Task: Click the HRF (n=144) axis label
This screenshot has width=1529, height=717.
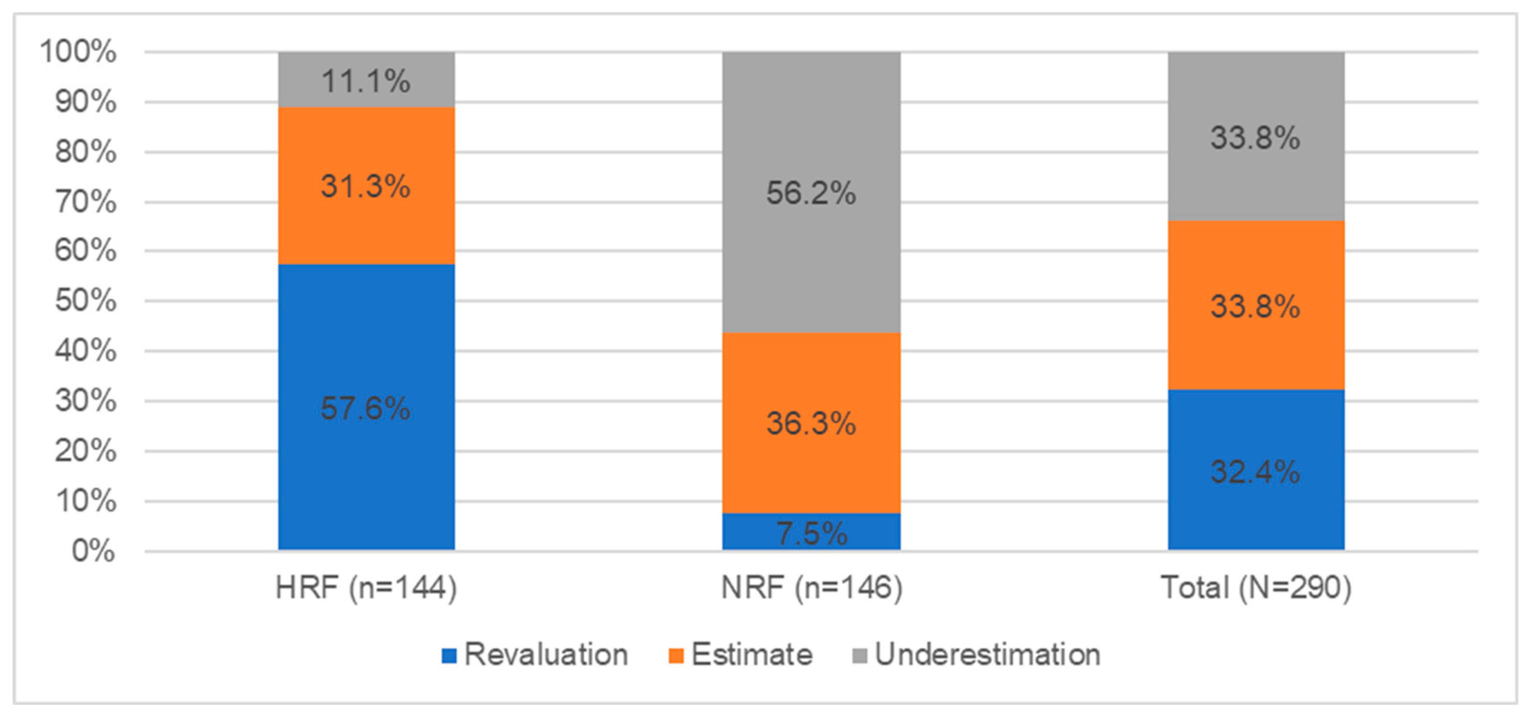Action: pyautogui.click(x=366, y=588)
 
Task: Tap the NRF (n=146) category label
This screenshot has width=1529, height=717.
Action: pyautogui.click(x=811, y=588)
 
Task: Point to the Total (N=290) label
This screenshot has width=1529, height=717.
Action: pyautogui.click(x=1256, y=588)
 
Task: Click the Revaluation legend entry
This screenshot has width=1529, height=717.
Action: pyautogui.click(x=535, y=655)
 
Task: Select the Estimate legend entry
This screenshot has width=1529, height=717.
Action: pyautogui.click(x=740, y=655)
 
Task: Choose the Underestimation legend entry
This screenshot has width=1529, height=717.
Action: pyautogui.click(x=976, y=655)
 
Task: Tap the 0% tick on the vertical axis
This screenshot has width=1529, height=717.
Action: pyautogui.click(x=93, y=551)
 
